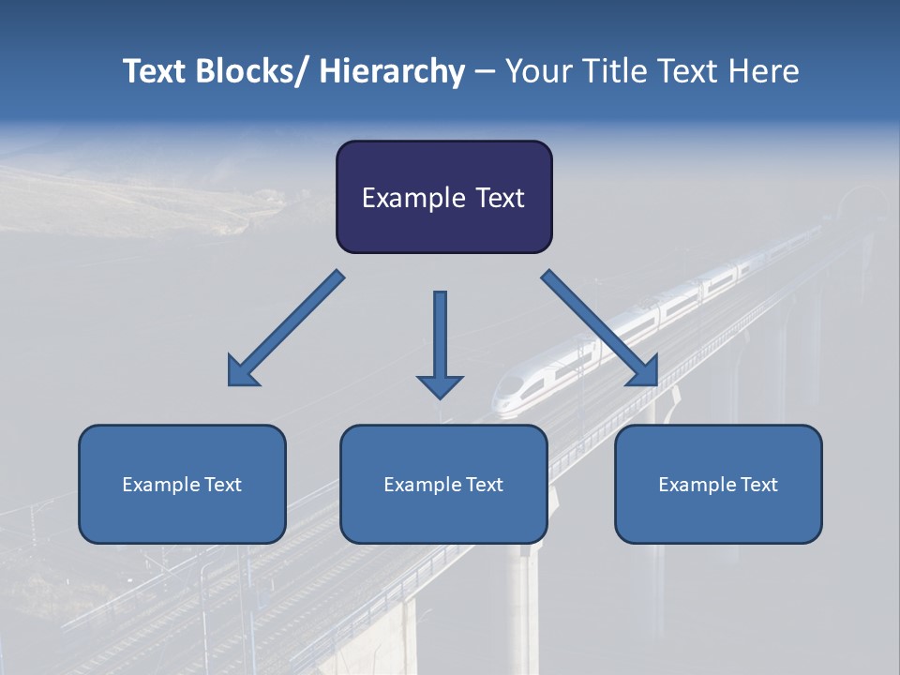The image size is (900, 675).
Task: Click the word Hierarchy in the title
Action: pyautogui.click(x=392, y=71)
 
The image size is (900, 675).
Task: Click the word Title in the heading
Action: pyautogui.click(x=615, y=71)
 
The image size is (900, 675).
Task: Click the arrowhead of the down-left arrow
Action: pyautogui.click(x=242, y=371)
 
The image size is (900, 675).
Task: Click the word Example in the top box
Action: pyautogui.click(x=412, y=198)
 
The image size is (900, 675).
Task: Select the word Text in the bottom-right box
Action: pyautogui.click(x=758, y=485)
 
